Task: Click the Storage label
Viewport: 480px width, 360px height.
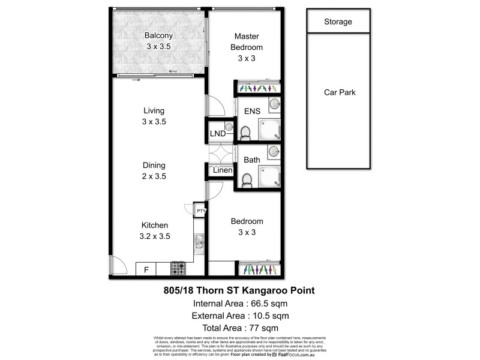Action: click(338, 22)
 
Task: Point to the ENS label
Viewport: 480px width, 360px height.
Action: click(251, 111)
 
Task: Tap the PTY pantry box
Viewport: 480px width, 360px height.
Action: click(201, 211)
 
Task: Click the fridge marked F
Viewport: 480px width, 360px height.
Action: click(146, 270)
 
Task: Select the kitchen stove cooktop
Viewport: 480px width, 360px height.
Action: click(178, 269)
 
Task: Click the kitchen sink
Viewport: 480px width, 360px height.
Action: click(199, 243)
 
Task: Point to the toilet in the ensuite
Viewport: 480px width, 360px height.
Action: click(245, 132)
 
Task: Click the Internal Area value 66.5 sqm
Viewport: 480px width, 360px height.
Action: click(265, 303)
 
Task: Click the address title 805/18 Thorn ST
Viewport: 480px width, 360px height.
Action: click(239, 290)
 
